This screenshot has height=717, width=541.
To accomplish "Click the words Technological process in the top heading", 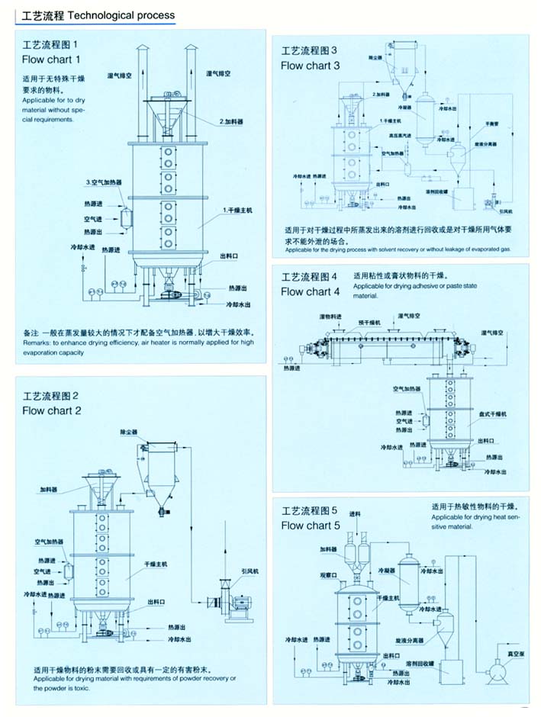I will pyautogui.click(x=122, y=14).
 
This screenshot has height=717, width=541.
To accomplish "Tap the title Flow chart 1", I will pyautogui.click(x=51, y=59).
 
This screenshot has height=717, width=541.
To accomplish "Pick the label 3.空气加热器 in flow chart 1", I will pyautogui.click(x=105, y=182).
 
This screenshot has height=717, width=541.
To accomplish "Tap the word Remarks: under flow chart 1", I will pyautogui.click(x=40, y=343).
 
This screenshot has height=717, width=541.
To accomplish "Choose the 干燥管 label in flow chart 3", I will pyautogui.click(x=491, y=123).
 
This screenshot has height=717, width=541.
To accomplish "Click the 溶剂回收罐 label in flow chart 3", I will pyautogui.click(x=440, y=191).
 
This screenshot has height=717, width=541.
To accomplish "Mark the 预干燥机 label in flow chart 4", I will pyautogui.click(x=371, y=323).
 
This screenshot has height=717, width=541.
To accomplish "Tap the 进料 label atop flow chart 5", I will pyautogui.click(x=354, y=513).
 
